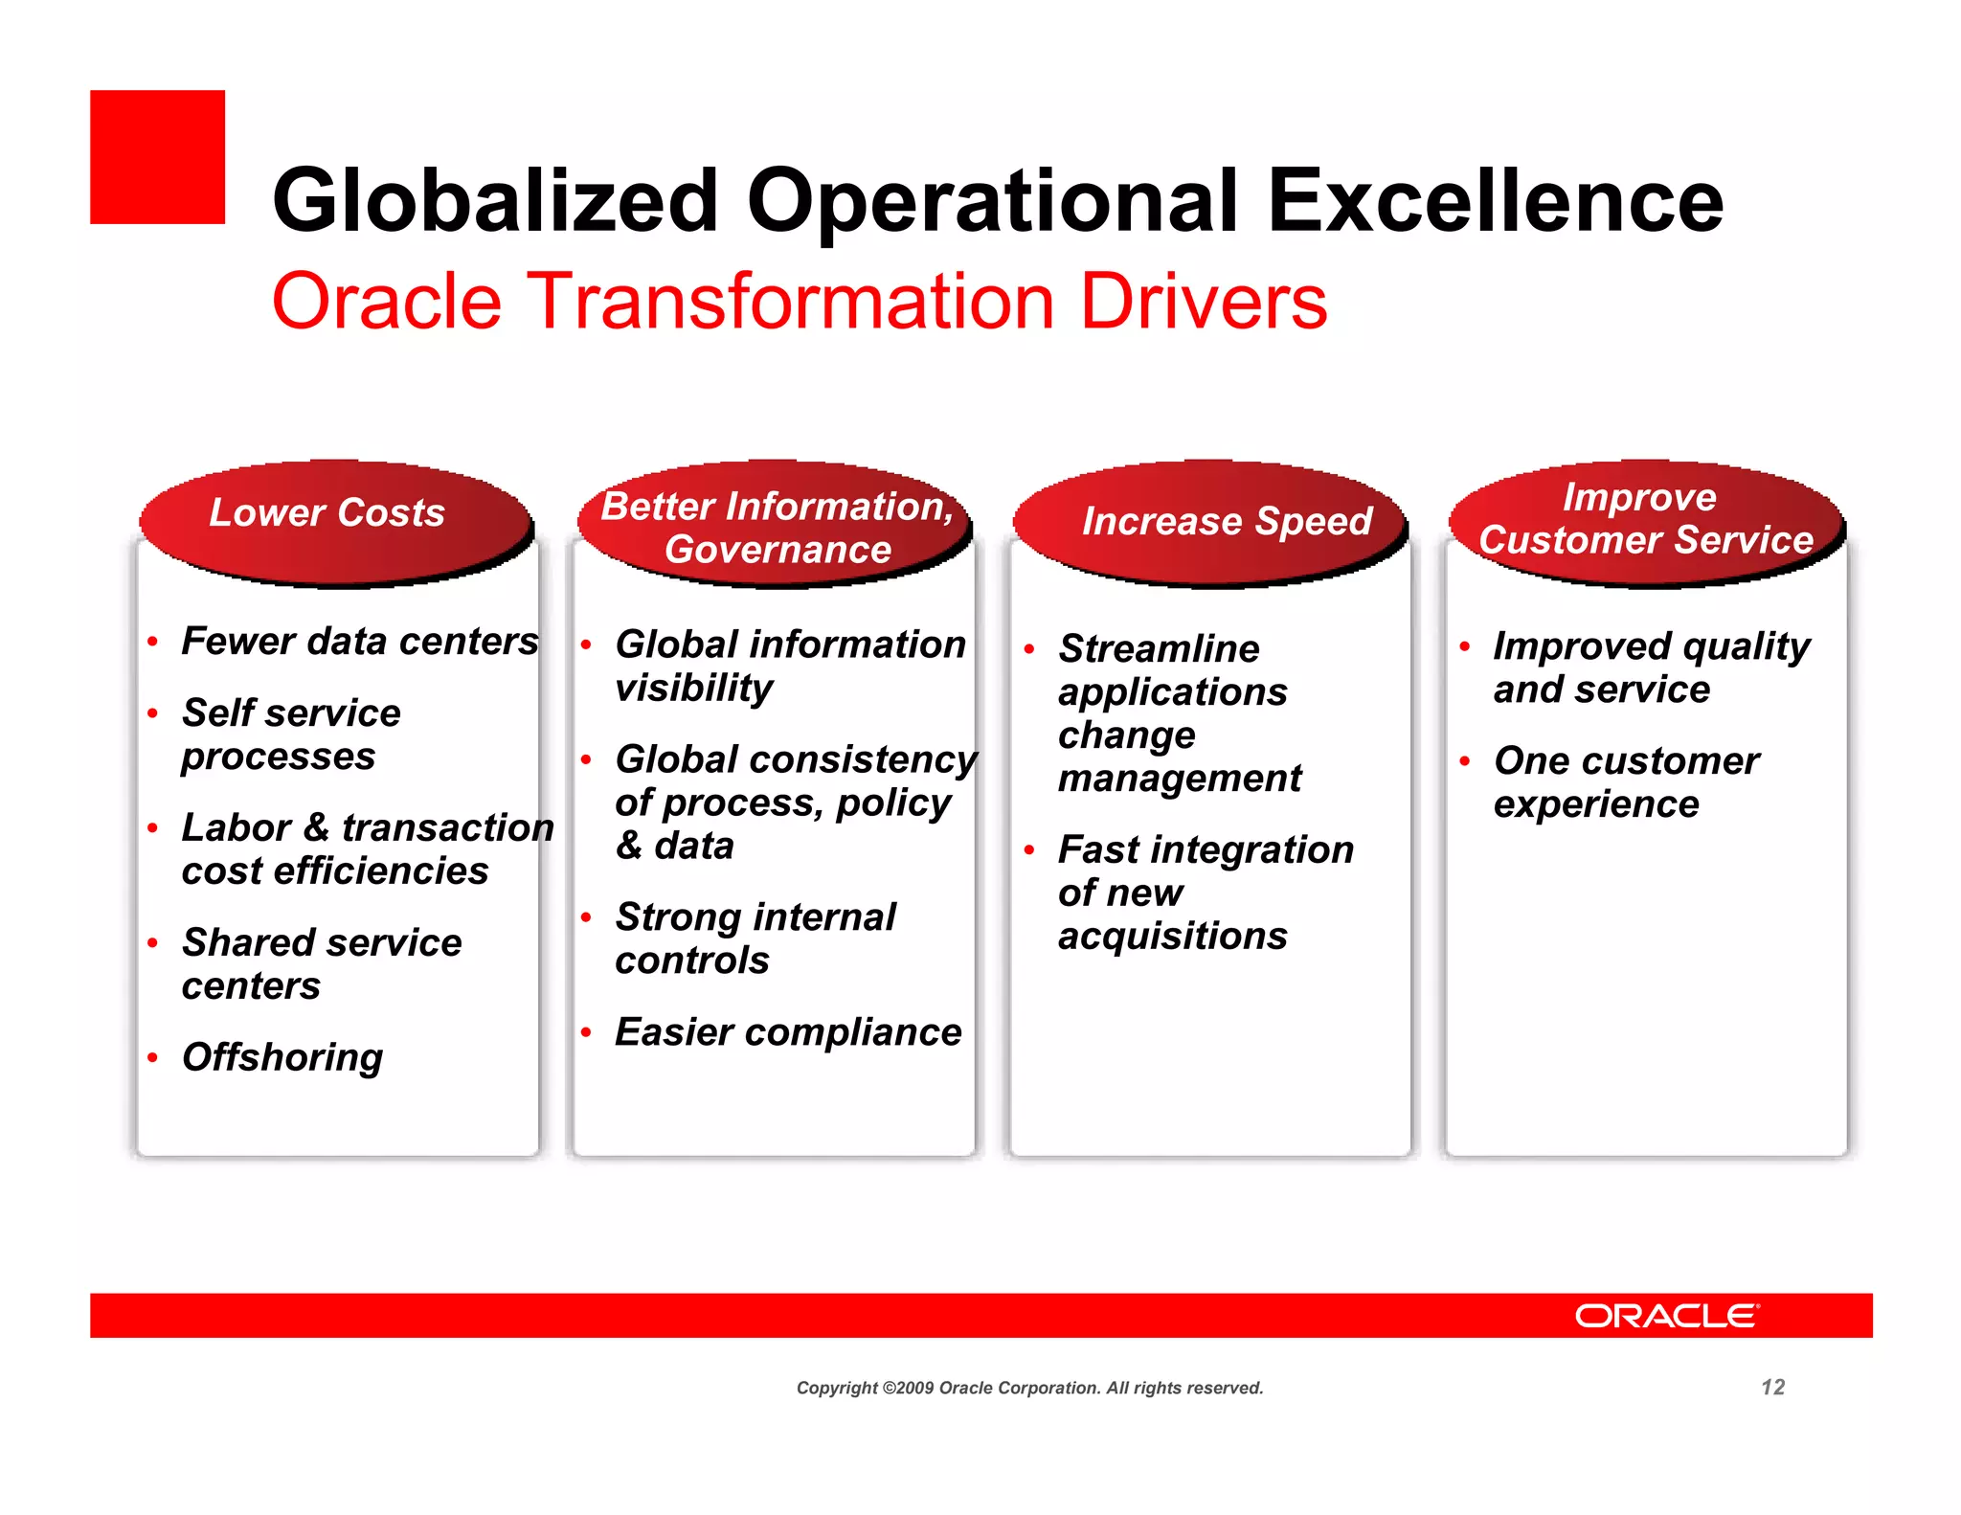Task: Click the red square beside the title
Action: point(157,157)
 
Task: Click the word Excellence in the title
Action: point(1495,201)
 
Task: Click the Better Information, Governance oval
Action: point(776,528)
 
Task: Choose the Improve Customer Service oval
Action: point(1645,520)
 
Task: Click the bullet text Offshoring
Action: point(282,1057)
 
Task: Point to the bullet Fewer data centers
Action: point(360,641)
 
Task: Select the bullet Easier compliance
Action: point(788,1032)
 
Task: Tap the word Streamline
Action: point(1159,648)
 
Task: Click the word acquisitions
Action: point(1172,936)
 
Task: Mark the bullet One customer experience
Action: point(1626,781)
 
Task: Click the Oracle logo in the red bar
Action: point(1667,1316)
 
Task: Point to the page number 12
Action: point(1772,1388)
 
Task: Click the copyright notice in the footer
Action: point(1029,1388)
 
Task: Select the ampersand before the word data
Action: point(629,846)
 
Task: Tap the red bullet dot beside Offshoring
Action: point(152,1058)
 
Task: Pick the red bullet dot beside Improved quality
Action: point(1464,647)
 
